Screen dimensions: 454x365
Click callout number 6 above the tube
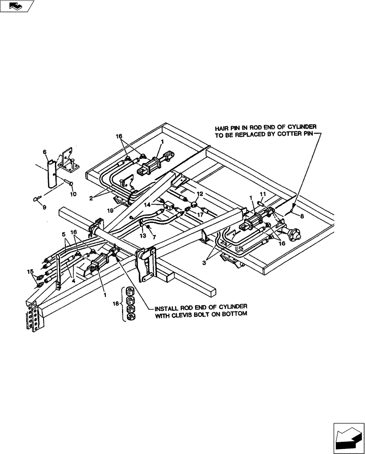[x=45, y=152]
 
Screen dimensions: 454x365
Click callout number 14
[x=148, y=205]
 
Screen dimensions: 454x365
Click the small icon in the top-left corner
[x=17, y=6]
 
